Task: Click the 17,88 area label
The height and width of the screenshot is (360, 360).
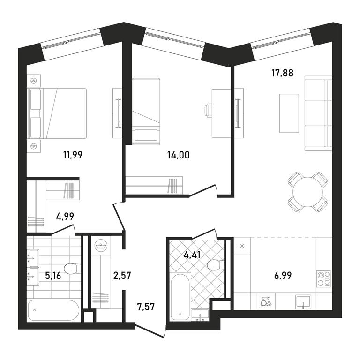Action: pos(282,73)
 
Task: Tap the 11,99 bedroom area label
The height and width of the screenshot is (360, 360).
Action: pos(73,155)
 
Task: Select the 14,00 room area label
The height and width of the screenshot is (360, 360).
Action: pos(179,155)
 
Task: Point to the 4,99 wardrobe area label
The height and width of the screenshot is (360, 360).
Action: pos(65,216)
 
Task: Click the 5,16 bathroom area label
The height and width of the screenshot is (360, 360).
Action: pos(53,276)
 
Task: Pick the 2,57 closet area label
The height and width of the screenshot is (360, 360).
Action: pos(122,275)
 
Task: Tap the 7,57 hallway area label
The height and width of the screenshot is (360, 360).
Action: pos(146,307)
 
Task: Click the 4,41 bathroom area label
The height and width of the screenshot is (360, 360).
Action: pos(192,255)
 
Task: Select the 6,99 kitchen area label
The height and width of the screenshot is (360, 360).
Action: pos(283,275)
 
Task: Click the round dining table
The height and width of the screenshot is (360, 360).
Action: pos(307,192)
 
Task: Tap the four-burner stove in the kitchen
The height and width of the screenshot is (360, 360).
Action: pos(323,279)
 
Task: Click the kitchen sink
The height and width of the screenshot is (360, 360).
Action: pos(303,301)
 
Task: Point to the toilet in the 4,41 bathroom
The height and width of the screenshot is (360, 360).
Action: pos(214,265)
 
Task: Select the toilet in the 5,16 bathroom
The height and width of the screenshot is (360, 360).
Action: pos(72,269)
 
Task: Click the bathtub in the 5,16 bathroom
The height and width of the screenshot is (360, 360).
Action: pos(53,310)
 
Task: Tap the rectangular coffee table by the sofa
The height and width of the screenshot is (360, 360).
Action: pos(289,113)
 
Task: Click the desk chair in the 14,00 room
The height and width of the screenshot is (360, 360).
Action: pos(208,111)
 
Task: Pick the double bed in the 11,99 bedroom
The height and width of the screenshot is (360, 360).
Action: pos(56,113)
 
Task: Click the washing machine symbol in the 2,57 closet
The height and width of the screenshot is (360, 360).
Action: pos(101,246)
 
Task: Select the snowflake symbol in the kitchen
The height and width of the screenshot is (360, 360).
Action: pos(242,246)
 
